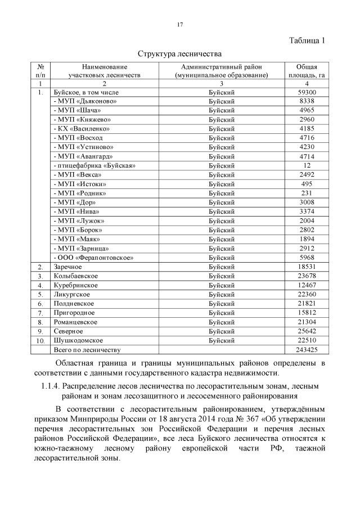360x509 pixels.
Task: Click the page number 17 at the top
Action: [x=180, y=24]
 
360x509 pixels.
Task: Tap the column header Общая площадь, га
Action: [x=307, y=70]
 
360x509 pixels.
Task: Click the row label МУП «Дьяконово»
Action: [x=85, y=101]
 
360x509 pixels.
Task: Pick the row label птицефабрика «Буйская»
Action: [x=94, y=165]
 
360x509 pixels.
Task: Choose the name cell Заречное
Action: [x=67, y=267]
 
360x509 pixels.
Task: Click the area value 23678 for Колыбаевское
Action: [x=307, y=276]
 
